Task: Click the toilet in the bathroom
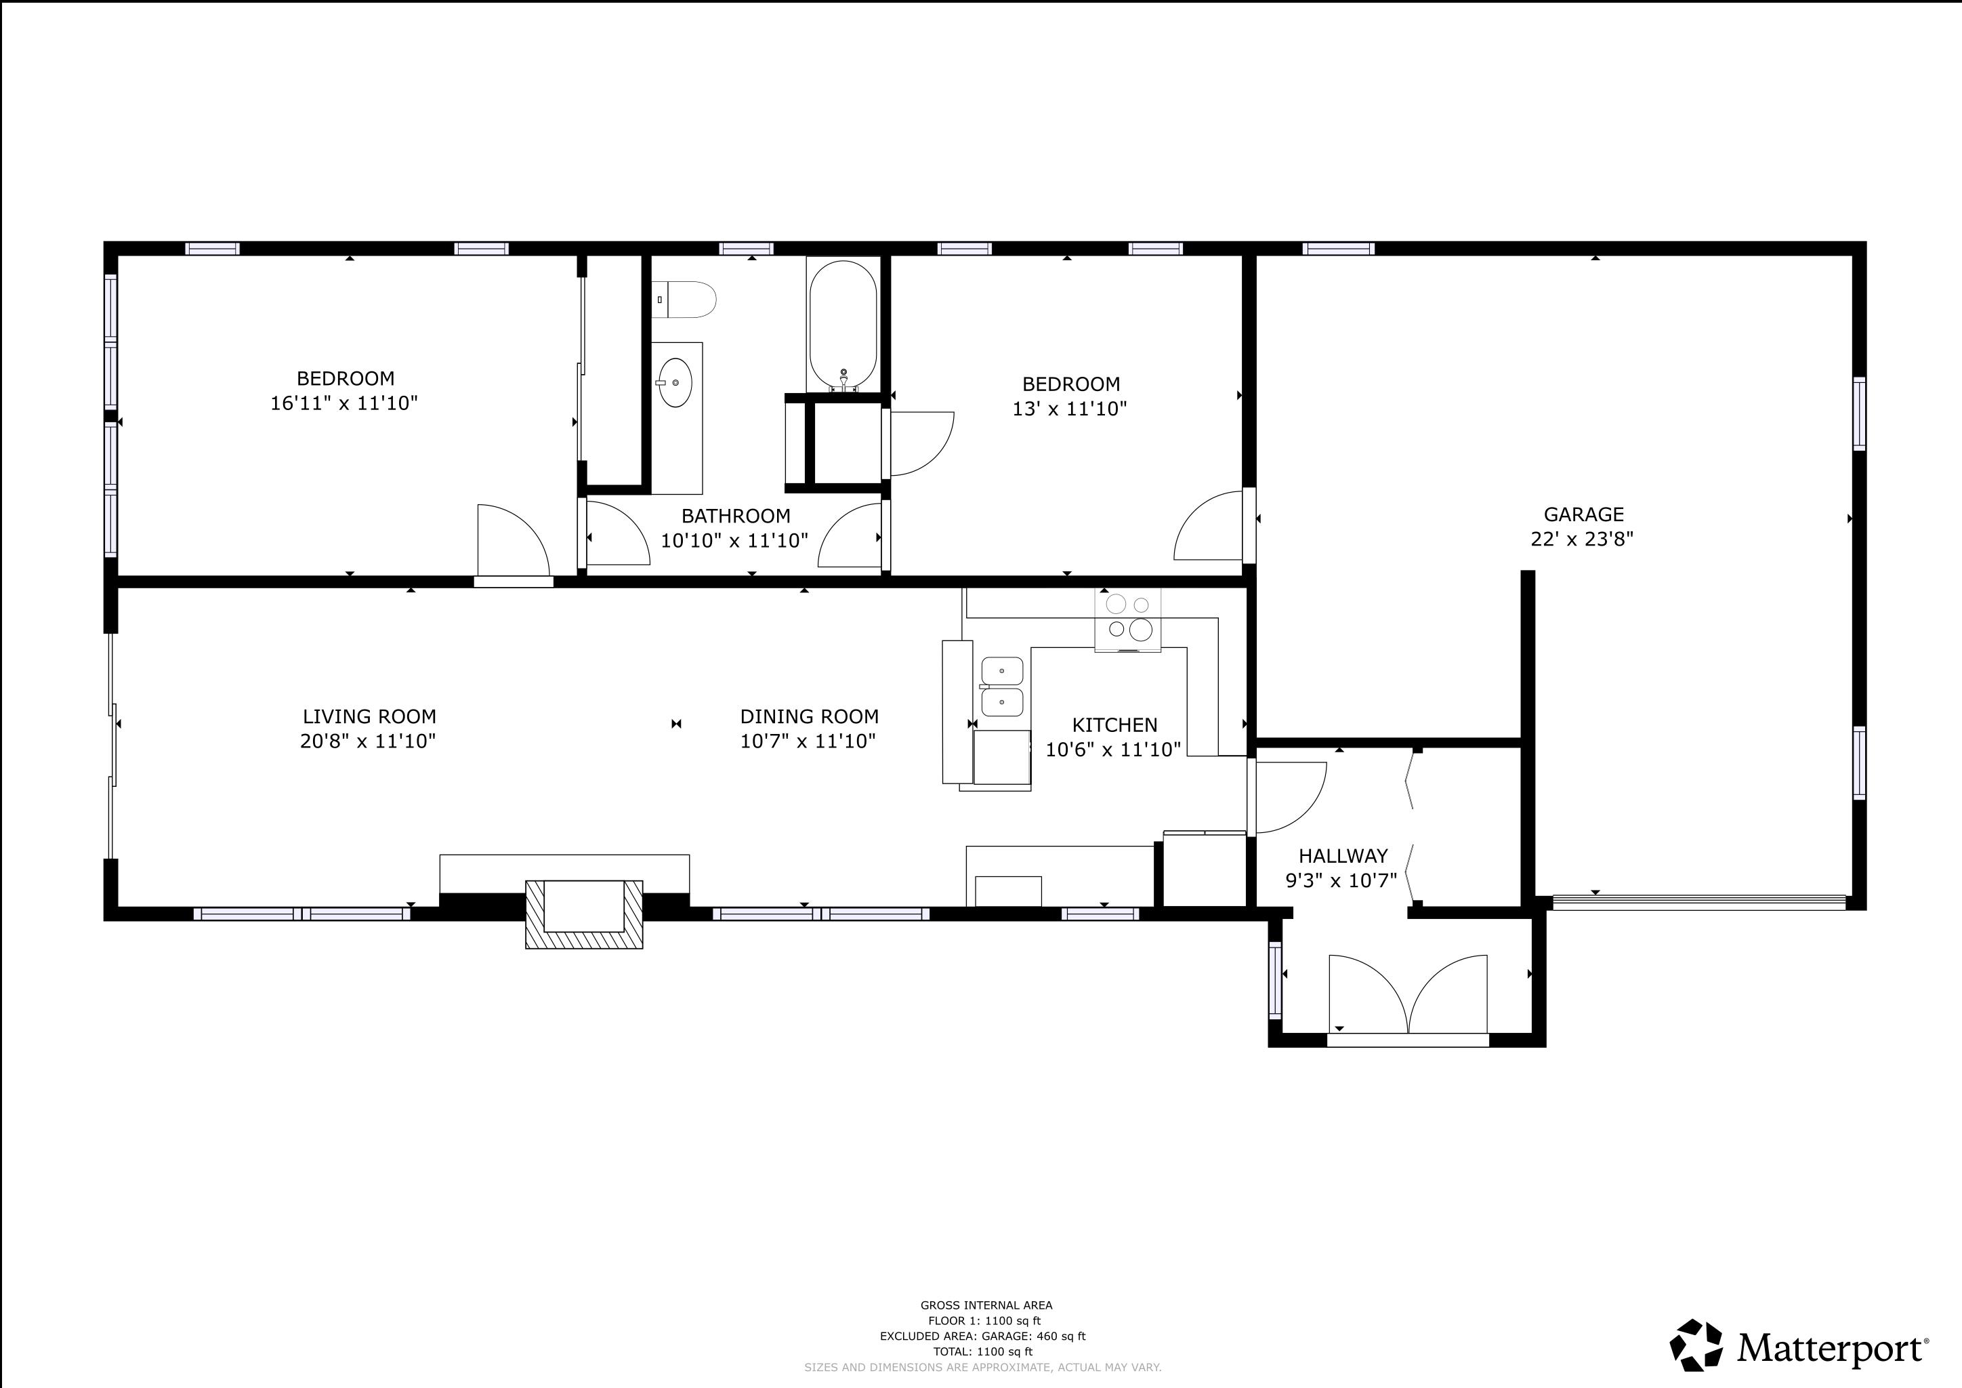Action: coord(684,300)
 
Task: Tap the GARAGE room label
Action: coord(1583,514)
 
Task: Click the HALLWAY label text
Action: coord(1343,855)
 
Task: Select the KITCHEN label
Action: coord(1114,724)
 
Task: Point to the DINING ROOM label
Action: coord(809,716)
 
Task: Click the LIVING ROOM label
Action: coord(369,716)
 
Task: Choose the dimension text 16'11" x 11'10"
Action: coord(344,403)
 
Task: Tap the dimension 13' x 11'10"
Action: coord(1070,409)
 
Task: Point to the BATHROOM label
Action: coord(736,516)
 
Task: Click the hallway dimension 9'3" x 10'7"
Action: coord(1341,880)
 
